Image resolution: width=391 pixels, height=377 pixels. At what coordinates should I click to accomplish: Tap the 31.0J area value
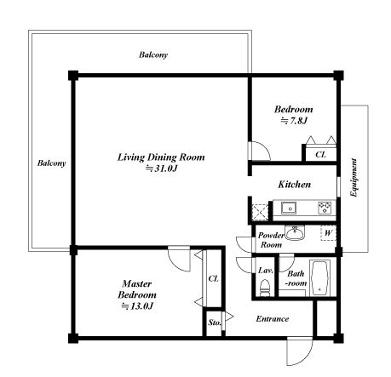coord(161,169)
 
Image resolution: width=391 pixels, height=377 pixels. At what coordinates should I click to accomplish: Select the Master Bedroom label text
coord(136,288)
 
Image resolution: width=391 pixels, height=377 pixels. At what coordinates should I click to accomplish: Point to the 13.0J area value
coord(136,306)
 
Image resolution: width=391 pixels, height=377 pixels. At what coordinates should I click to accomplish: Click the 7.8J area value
coord(294,122)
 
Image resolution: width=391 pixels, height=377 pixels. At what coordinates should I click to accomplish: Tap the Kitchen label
coord(294,185)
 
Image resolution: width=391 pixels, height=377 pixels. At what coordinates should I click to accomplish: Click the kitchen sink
coord(290,207)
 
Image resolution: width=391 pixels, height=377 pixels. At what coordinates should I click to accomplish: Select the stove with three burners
coord(324,207)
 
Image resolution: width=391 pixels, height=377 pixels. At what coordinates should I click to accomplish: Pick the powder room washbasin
coord(296,231)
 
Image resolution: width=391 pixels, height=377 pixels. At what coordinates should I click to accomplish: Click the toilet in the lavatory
coord(264,289)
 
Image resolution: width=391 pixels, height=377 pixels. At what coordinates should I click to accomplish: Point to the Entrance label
coord(273,319)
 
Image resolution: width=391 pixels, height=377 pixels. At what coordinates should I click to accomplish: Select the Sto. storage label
coord(213,323)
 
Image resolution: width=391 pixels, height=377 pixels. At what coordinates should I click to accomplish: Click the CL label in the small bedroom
coord(319,155)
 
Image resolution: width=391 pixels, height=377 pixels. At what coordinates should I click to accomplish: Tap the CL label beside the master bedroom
coord(212,279)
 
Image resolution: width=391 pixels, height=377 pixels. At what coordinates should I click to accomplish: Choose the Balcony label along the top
coord(153,55)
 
